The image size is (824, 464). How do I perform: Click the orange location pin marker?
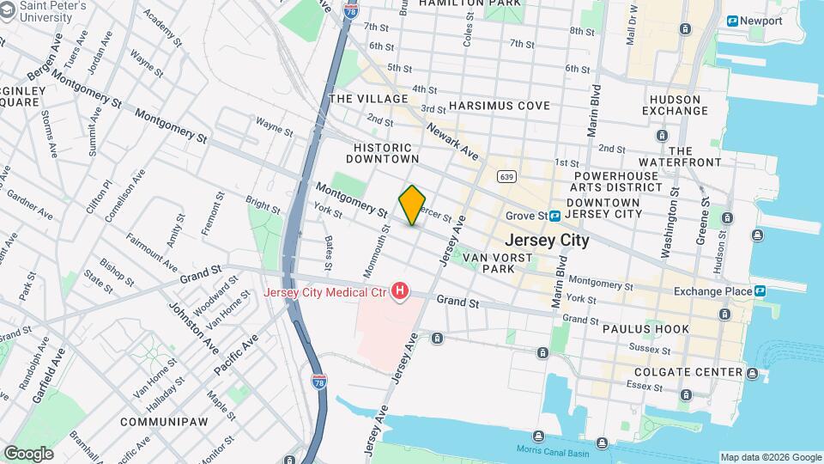coord(412,205)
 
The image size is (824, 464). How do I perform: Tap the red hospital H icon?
coord(400,293)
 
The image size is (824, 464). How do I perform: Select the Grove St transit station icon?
coord(555,216)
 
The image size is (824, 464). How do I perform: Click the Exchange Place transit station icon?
coord(760,291)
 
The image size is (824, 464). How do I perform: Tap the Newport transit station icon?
coord(732,21)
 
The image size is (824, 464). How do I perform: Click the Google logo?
coord(28,452)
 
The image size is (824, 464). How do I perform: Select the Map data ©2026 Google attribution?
coord(770,457)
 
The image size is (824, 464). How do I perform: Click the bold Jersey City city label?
coord(547,240)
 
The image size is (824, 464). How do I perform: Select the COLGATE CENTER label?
coord(688,372)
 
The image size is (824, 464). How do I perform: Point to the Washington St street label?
coord(669,230)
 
